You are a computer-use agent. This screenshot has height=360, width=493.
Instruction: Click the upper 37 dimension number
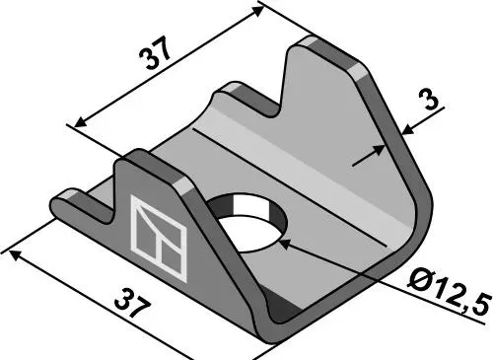point(155,53)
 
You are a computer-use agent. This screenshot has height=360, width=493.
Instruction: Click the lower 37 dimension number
point(132,303)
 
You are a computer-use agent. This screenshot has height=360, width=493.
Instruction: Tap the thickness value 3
point(431,100)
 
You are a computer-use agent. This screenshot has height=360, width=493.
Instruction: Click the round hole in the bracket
point(247,223)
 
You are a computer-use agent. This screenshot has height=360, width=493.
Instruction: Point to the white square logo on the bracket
point(159,238)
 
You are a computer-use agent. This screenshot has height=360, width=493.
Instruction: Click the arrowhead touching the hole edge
point(285,244)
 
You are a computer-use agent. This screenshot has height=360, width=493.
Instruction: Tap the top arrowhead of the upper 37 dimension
point(257,11)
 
